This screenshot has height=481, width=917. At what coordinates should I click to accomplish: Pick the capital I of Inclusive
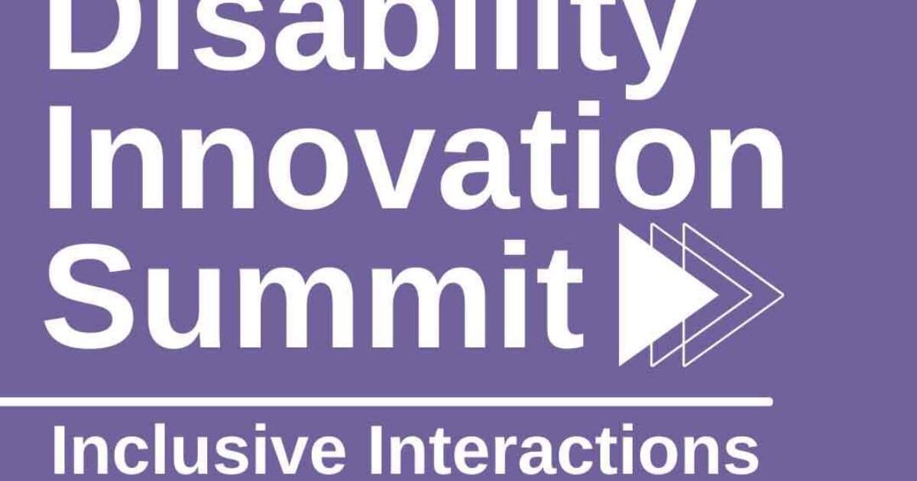60,455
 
